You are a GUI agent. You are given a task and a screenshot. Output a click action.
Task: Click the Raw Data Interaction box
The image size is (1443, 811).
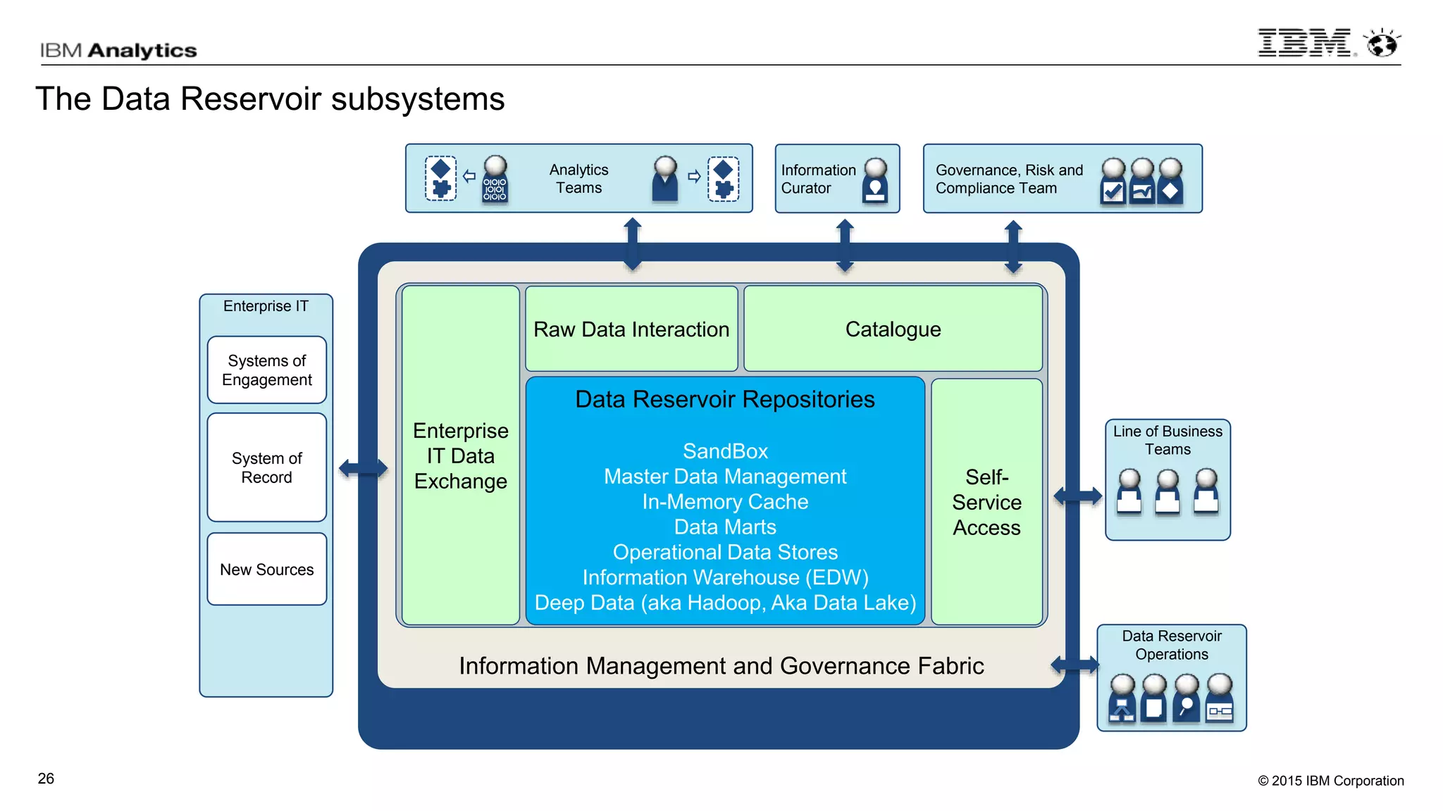pyautogui.click(x=631, y=329)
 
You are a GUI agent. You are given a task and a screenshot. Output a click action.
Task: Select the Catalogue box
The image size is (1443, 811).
pyautogui.click(x=893, y=329)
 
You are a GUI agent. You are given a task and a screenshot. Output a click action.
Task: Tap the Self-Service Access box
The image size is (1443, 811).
pyautogui.click(x=986, y=502)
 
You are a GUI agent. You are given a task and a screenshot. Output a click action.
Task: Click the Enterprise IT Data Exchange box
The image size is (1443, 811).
pyautogui.click(x=460, y=455)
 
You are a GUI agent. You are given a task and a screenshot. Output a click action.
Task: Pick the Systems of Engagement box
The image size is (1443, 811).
pyautogui.click(x=266, y=370)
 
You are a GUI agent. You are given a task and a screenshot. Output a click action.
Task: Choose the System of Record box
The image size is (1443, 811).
pyautogui.click(x=266, y=467)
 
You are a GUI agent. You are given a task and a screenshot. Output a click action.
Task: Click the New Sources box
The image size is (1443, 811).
pyautogui.click(x=266, y=570)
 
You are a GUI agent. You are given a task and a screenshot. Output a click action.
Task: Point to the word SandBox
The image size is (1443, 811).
pyautogui.click(x=725, y=451)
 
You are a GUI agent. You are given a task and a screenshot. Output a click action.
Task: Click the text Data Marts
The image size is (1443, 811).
pyautogui.click(x=725, y=527)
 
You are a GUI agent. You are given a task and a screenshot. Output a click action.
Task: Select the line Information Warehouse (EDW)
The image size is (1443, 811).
pyautogui.click(x=725, y=577)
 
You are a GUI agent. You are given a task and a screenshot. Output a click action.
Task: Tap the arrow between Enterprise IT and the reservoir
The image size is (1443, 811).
pyautogui.click(x=363, y=468)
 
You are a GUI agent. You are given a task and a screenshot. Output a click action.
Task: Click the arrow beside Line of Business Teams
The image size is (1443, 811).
pyautogui.click(x=1077, y=496)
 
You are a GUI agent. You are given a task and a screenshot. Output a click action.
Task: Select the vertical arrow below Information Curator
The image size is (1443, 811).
pyautogui.click(x=845, y=246)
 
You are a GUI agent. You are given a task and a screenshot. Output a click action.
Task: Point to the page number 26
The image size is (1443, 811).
pyautogui.click(x=46, y=779)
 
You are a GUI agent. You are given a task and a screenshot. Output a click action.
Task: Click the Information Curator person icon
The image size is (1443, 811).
pyautogui.click(x=875, y=181)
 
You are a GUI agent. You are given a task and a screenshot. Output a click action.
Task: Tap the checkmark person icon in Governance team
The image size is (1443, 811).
pyautogui.click(x=1113, y=182)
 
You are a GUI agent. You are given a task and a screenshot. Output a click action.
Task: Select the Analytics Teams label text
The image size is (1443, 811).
pyautogui.click(x=578, y=179)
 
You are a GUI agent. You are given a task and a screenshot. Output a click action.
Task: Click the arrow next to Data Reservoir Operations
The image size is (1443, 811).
pyautogui.click(x=1074, y=664)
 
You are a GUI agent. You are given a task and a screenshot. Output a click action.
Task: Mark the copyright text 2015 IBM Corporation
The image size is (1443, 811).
pyautogui.click(x=1330, y=781)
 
